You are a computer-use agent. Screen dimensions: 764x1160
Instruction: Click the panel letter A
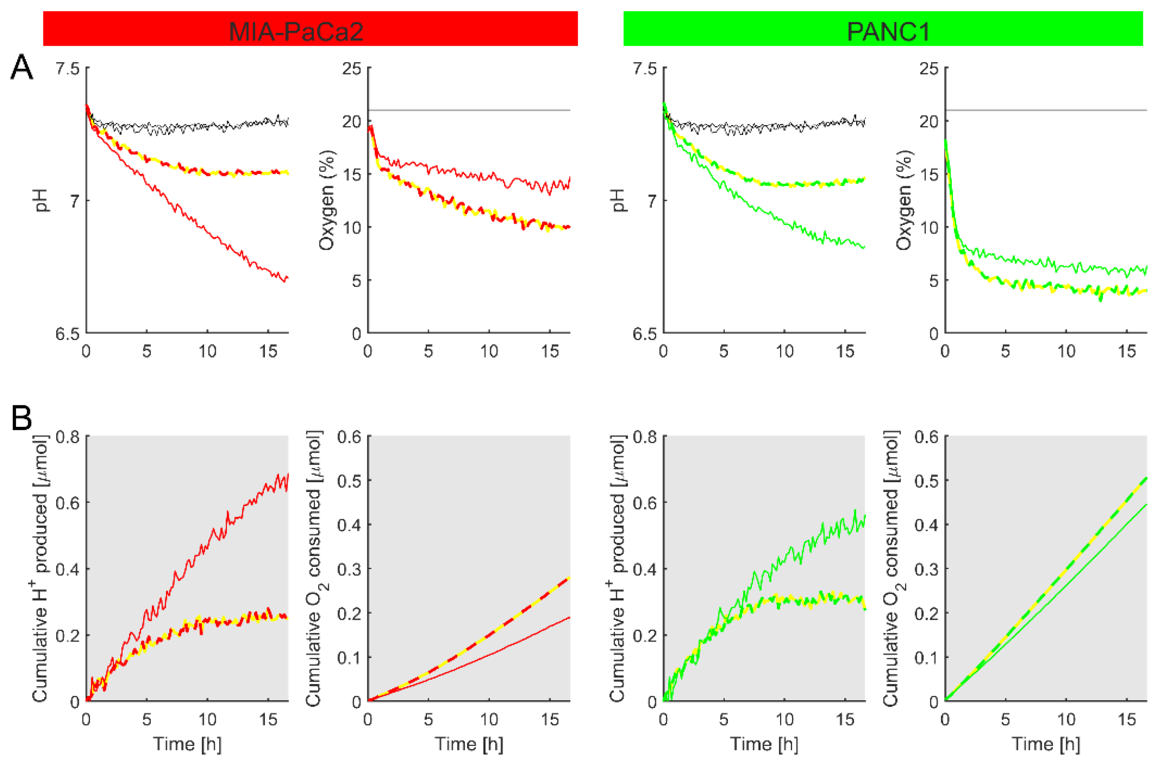[x=22, y=68]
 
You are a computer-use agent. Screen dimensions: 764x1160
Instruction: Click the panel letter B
[x=22, y=418]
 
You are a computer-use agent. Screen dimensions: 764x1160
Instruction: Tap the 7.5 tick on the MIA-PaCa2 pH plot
[x=67, y=68]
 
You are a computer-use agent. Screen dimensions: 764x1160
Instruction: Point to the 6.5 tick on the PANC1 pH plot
[x=644, y=334]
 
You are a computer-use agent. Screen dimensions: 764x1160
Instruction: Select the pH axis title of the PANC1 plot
[x=618, y=200]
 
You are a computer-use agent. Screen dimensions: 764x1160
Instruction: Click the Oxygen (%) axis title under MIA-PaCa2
[x=327, y=200]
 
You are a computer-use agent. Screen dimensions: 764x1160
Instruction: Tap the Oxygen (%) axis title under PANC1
[x=904, y=200]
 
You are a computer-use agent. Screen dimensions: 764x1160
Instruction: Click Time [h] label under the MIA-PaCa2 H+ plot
[x=187, y=744]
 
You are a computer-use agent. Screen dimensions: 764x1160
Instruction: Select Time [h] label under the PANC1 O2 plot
[x=1046, y=744]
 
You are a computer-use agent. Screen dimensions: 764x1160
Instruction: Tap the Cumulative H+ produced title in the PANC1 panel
[x=618, y=568]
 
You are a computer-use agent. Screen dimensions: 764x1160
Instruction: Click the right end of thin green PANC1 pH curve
[x=865, y=247]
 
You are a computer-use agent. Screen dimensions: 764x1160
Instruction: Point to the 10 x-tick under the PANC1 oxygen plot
[x=1066, y=351]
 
